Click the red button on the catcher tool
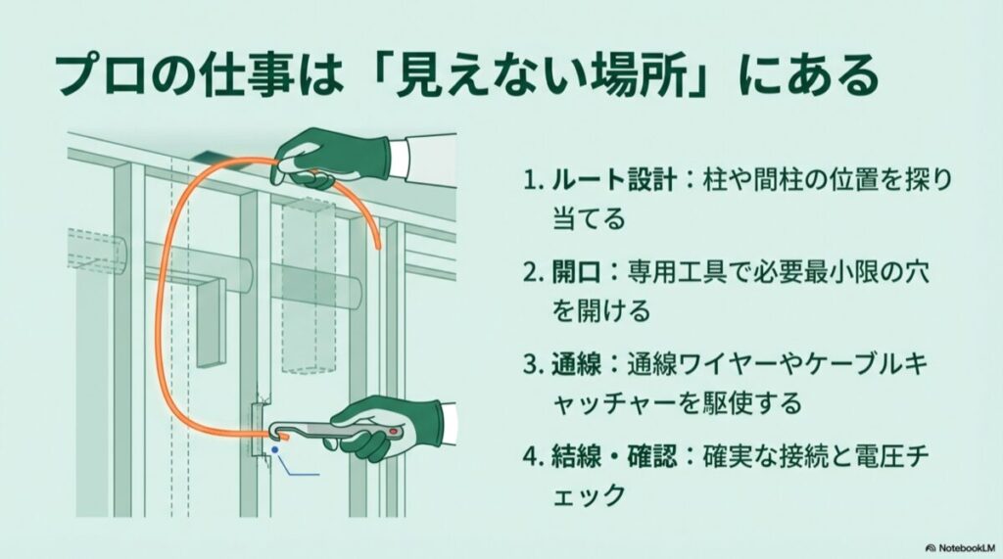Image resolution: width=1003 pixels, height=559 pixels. point(395,429)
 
